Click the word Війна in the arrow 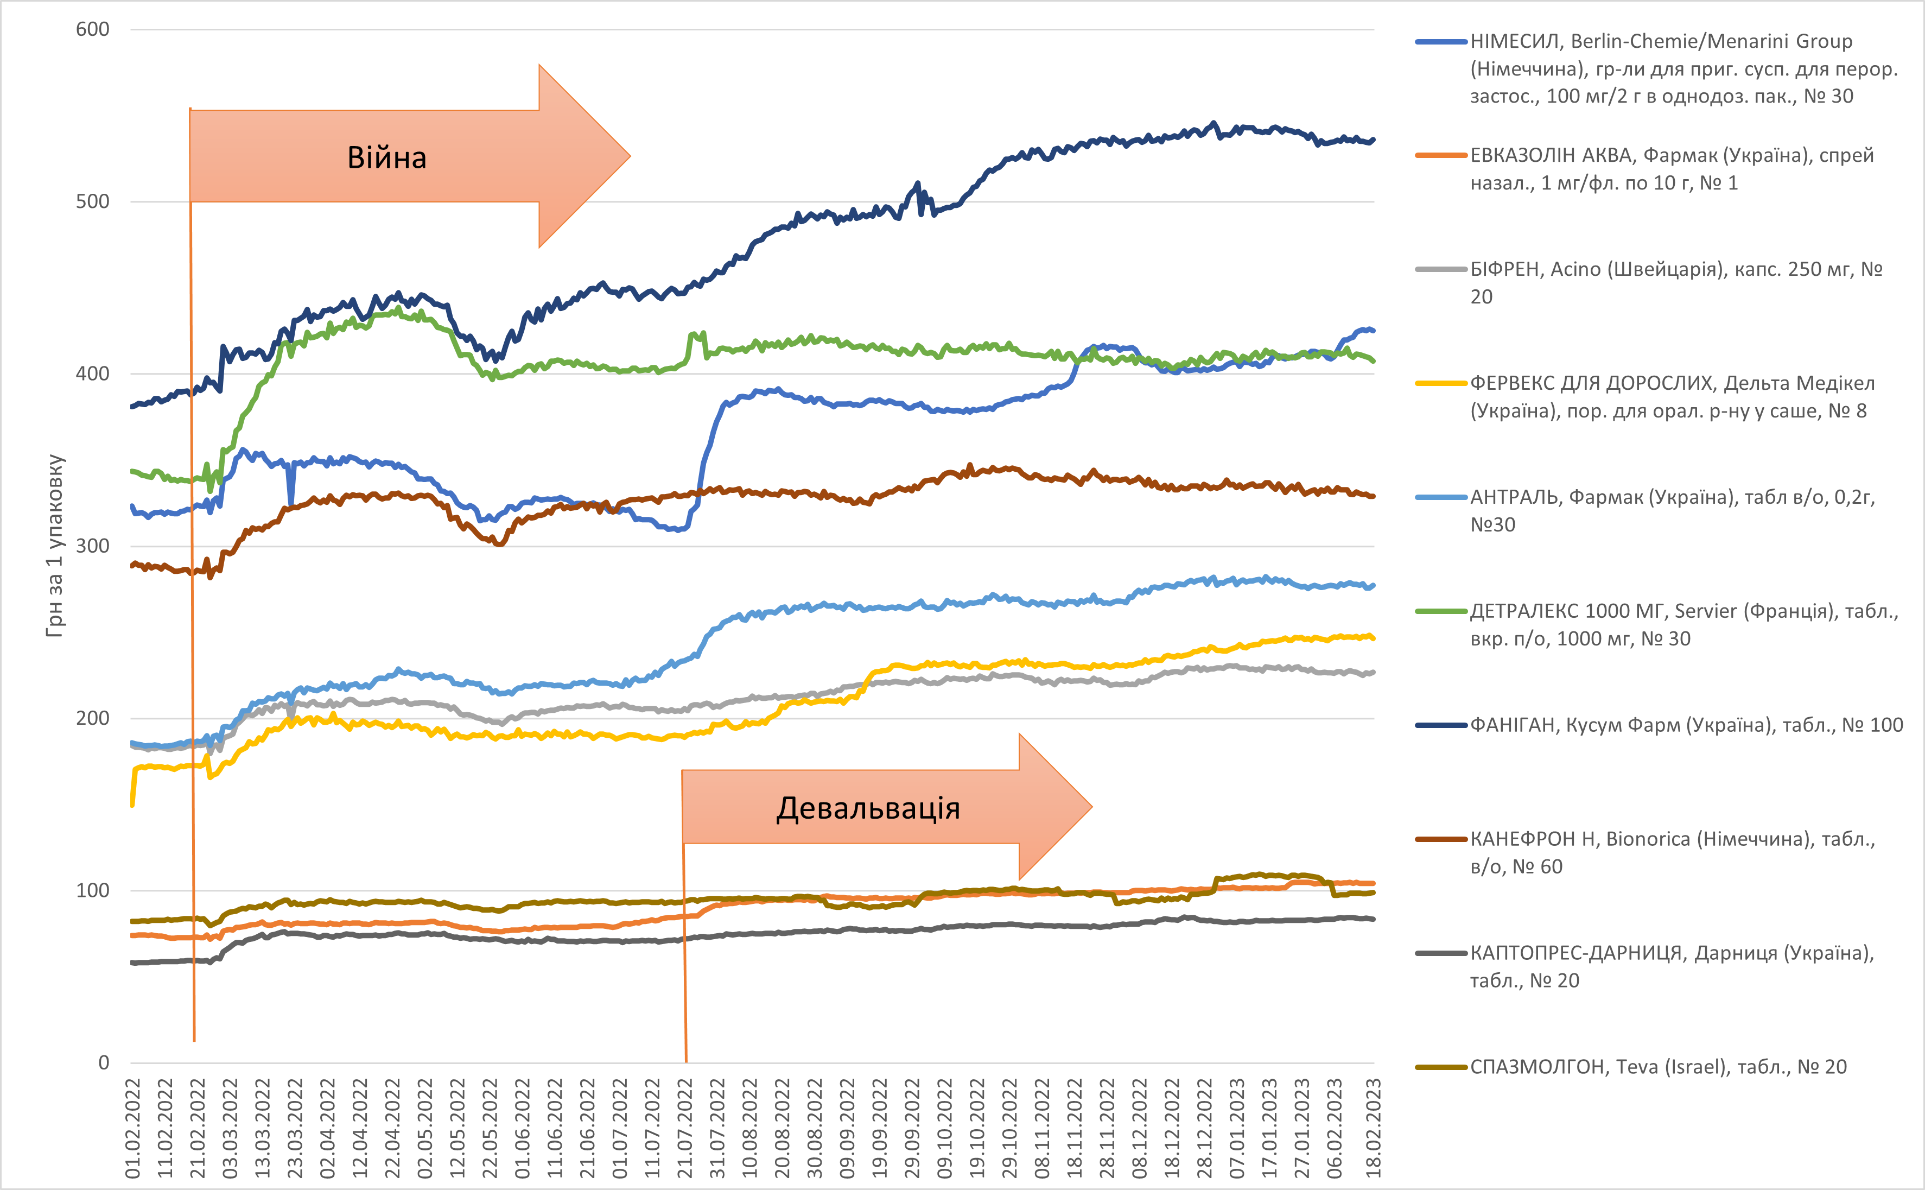click(386, 158)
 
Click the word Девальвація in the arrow click(868, 808)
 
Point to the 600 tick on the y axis click(92, 30)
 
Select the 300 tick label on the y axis click(92, 546)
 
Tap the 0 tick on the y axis click(104, 1062)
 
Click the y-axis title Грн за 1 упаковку click(55, 546)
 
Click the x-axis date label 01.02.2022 click(133, 1127)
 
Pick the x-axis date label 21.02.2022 click(198, 1127)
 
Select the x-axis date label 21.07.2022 click(685, 1127)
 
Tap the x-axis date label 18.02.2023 click(1374, 1127)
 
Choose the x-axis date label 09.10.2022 click(945, 1127)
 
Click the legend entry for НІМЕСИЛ click(1660, 68)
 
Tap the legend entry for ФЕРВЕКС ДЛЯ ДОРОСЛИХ click(1660, 397)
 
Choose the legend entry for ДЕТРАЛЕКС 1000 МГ click(1660, 625)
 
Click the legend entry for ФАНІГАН click(1660, 725)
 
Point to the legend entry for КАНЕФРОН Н click(1660, 852)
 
